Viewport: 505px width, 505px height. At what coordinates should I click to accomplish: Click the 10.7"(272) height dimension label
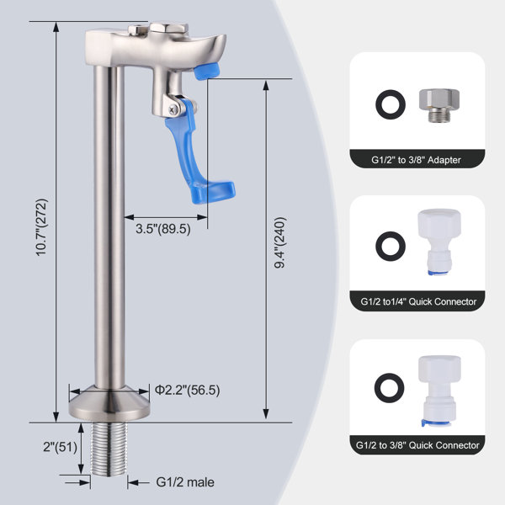pos(41,227)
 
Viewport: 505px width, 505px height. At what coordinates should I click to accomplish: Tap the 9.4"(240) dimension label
pos(280,242)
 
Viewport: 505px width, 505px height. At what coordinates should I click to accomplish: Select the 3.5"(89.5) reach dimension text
pos(163,229)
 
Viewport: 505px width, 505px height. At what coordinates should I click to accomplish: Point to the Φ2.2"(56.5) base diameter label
pos(188,390)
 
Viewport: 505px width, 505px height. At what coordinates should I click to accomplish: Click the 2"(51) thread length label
pos(61,447)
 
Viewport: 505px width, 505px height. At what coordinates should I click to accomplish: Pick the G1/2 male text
pos(185,482)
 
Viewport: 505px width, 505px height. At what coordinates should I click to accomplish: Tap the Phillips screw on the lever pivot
pos(174,110)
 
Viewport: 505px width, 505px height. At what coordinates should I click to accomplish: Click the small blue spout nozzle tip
pos(206,71)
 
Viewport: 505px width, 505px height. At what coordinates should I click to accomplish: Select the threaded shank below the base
pos(109,449)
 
